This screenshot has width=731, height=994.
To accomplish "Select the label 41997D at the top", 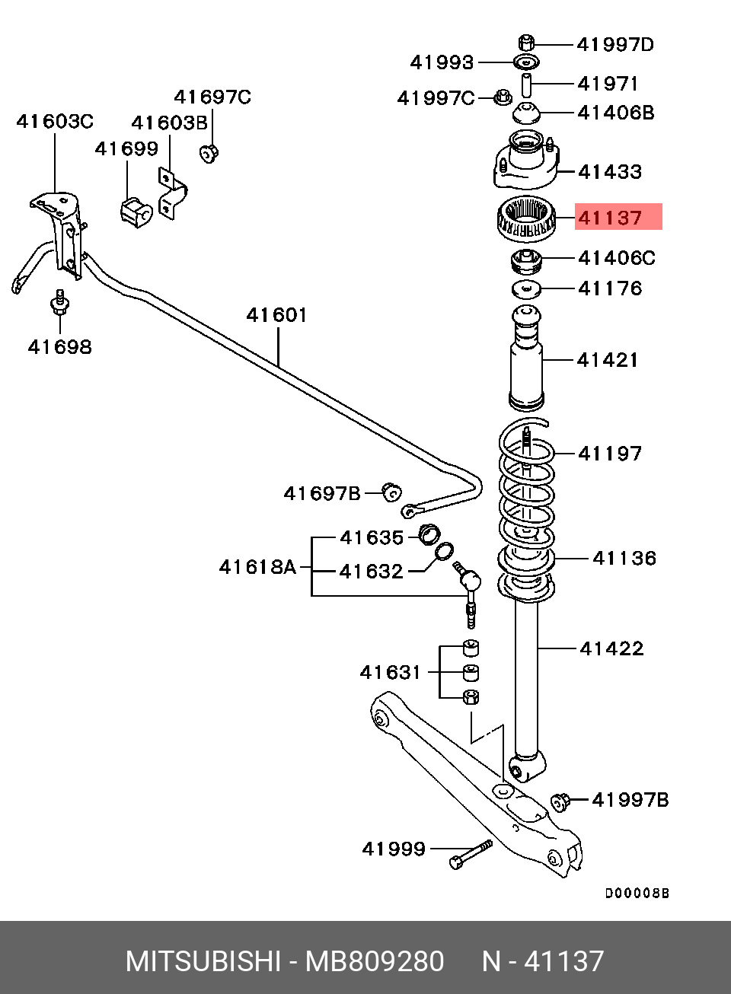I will pyautogui.click(x=615, y=45).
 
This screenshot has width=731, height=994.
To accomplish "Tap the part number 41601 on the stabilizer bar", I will pyautogui.click(x=276, y=314).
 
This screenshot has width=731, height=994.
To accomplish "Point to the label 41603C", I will pyautogui.click(x=55, y=121).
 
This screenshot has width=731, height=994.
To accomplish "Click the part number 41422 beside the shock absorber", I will pyautogui.click(x=611, y=648).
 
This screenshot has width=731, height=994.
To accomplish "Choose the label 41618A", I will pyautogui.click(x=257, y=567).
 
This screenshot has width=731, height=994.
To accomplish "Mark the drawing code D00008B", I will pyautogui.click(x=637, y=894).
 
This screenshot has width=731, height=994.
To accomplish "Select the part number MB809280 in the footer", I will pyautogui.click(x=375, y=961).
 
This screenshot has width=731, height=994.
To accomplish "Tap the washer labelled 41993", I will pyautogui.click(x=524, y=62).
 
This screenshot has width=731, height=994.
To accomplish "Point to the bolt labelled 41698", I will pyautogui.click(x=59, y=303).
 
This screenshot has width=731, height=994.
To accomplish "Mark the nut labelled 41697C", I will pyautogui.click(x=209, y=153).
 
